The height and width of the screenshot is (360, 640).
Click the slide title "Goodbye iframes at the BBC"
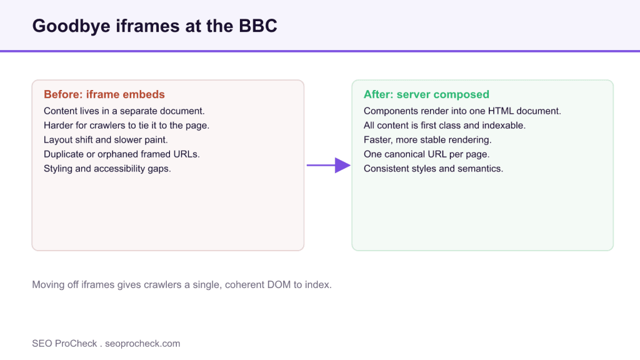[x=155, y=26]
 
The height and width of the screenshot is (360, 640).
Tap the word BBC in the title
[x=258, y=26]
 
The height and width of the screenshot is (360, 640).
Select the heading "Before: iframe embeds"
[x=104, y=94]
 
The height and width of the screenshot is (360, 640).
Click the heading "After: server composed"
[x=426, y=94]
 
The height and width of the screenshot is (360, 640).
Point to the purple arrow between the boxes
[x=329, y=165]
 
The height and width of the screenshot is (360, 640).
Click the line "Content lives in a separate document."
[x=124, y=111]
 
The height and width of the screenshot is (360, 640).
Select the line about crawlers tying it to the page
[x=126, y=125]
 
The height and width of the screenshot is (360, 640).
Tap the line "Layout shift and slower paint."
[x=106, y=139]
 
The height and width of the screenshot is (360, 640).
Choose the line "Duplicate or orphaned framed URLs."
[x=122, y=154]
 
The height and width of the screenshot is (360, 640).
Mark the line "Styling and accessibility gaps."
[x=107, y=169]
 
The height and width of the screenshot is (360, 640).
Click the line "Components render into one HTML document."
[x=462, y=111]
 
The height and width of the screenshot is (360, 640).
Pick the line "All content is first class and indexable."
[x=444, y=125]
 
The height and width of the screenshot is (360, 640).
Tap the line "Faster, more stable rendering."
[x=427, y=139]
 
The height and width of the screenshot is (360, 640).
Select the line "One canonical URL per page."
[x=426, y=154]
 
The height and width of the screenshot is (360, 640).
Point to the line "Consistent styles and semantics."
[x=434, y=169]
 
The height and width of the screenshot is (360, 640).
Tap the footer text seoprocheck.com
[x=142, y=344]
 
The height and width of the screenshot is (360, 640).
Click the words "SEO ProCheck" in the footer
[x=64, y=344]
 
